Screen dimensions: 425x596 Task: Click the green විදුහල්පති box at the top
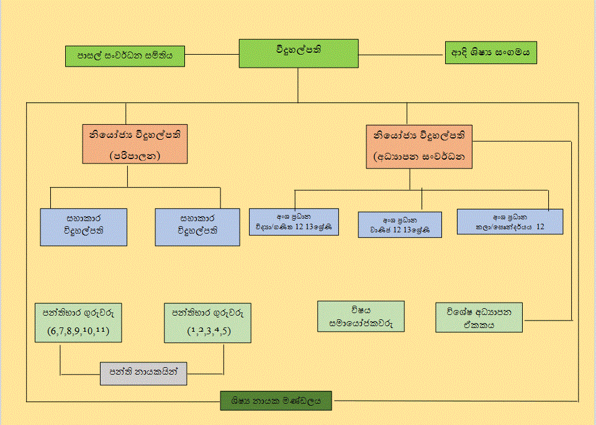(299, 53)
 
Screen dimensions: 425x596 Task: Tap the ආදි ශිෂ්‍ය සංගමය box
(490, 53)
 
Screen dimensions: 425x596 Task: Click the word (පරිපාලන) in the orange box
(135, 155)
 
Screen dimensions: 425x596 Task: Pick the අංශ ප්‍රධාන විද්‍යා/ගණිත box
(294, 222)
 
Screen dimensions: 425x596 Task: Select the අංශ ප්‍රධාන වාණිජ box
(400, 225)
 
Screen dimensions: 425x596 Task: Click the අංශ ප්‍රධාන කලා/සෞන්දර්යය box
(510, 222)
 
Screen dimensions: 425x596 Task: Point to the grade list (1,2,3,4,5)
(209, 331)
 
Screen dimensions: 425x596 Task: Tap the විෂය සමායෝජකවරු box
(360, 316)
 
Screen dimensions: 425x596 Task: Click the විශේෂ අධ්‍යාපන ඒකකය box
(479, 317)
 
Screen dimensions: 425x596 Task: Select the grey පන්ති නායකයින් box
(143, 370)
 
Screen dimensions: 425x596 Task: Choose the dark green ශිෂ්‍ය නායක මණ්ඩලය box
(276, 401)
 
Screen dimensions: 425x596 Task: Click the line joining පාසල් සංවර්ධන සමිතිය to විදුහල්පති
(213, 54)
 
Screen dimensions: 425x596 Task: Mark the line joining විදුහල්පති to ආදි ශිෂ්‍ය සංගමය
(402, 53)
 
